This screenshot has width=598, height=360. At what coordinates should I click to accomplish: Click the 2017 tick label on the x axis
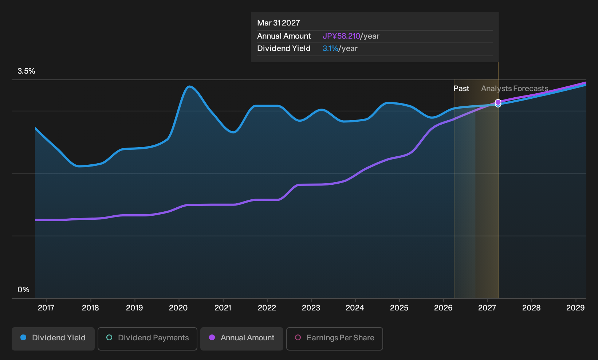pyautogui.click(x=46, y=308)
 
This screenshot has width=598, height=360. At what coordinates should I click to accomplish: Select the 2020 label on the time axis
pyautogui.click(x=178, y=308)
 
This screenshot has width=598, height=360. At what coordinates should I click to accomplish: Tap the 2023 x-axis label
pyautogui.click(x=311, y=308)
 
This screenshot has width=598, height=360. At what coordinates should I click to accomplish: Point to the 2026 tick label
pyautogui.click(x=443, y=308)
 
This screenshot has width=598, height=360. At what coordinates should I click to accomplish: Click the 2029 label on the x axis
pyautogui.click(x=575, y=308)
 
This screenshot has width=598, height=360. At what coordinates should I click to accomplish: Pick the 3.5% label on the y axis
pyautogui.click(x=26, y=71)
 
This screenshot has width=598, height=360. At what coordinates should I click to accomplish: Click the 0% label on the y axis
pyautogui.click(x=24, y=290)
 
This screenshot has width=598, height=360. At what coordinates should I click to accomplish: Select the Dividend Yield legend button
pyautogui.click(x=53, y=339)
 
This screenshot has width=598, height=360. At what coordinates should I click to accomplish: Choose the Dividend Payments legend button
pyautogui.click(x=147, y=339)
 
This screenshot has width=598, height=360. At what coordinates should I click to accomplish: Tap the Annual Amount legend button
pyautogui.click(x=241, y=339)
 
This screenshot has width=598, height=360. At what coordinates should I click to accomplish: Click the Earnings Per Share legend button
pyautogui.click(x=334, y=339)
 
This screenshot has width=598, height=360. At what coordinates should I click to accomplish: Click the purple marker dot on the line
pyautogui.click(x=498, y=102)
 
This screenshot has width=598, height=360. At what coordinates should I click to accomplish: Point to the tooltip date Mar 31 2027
pyautogui.click(x=279, y=23)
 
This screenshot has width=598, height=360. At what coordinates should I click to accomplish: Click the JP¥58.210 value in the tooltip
pyautogui.click(x=341, y=36)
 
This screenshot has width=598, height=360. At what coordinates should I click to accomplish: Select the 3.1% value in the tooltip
pyautogui.click(x=330, y=48)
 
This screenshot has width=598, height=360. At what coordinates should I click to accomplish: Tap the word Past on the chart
pyautogui.click(x=461, y=89)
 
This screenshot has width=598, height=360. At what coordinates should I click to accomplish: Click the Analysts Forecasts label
pyautogui.click(x=515, y=89)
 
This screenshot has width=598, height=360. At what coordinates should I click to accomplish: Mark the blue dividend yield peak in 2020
pyautogui.click(x=189, y=86)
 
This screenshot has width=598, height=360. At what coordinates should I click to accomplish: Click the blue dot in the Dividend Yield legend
pyautogui.click(x=24, y=337)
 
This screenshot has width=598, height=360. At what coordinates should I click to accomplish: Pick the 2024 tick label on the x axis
pyautogui.click(x=355, y=308)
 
